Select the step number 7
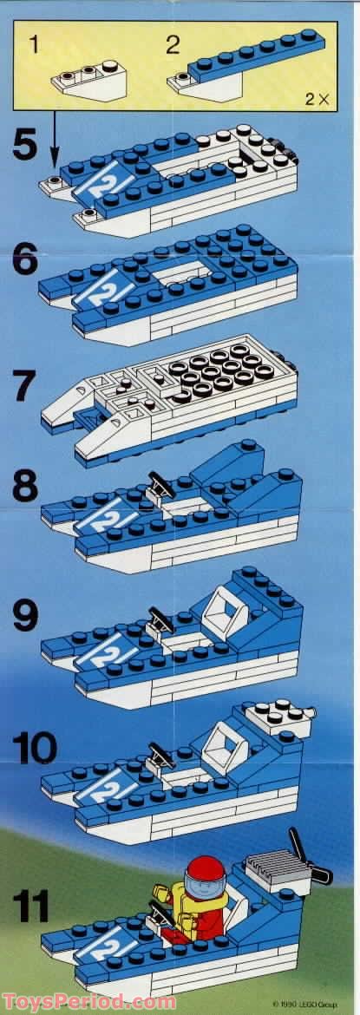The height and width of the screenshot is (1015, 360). pyautogui.click(x=27, y=386)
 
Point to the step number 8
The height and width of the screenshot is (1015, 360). pyautogui.click(x=26, y=486)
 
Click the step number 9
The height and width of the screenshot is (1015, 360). pyautogui.click(x=26, y=616)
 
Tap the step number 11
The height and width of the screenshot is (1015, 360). pyautogui.click(x=31, y=905)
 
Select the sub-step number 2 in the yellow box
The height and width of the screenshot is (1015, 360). pyautogui.click(x=172, y=47)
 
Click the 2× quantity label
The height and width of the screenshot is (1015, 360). pyautogui.click(x=317, y=99)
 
